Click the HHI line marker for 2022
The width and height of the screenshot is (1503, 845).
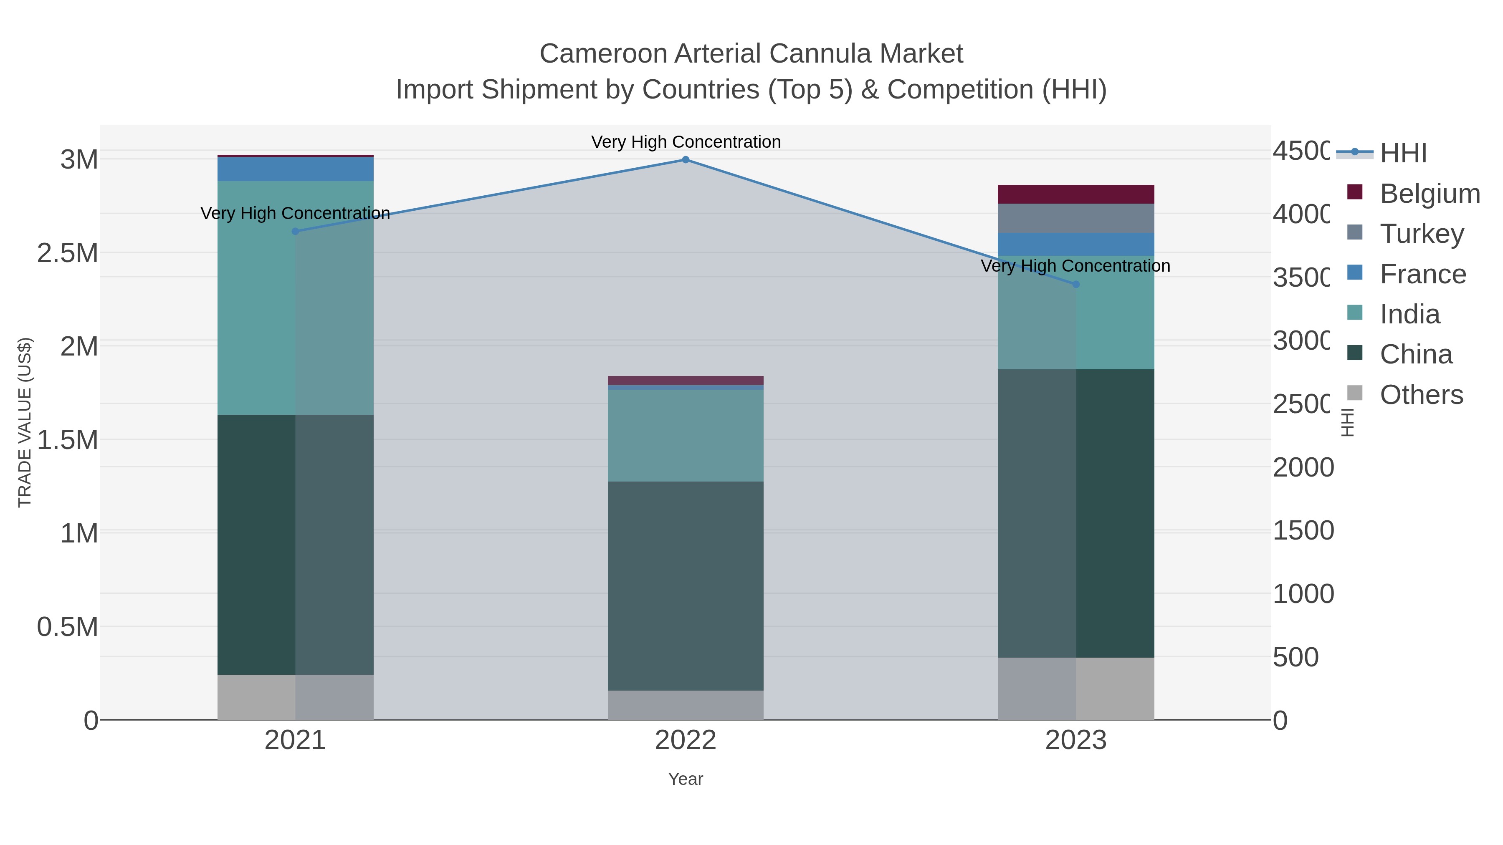686,160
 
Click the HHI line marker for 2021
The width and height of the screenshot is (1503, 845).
295,232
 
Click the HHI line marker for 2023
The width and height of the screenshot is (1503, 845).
1076,285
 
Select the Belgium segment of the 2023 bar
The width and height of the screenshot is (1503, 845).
1076,194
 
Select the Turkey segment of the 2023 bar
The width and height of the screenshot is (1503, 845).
1076,218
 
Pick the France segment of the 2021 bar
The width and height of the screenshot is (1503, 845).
295,169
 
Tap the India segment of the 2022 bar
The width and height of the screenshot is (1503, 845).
686,435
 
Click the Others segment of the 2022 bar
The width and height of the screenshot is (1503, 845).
686,705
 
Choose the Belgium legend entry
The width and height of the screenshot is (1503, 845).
1430,194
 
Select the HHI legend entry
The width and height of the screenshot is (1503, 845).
1403,154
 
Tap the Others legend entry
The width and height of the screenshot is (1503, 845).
1421,395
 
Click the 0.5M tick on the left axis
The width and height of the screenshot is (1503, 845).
68,627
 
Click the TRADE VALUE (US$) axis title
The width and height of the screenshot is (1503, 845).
25,422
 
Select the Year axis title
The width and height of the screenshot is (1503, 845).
686,779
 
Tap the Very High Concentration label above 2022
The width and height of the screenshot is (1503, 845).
686,142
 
